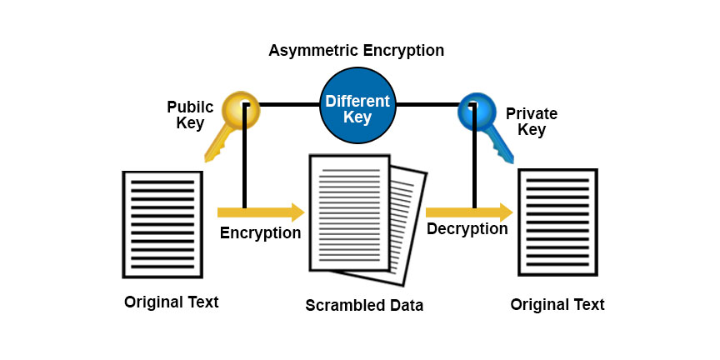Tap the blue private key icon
pos(482,121)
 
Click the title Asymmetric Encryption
pos(356,51)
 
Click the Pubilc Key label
pos(190,115)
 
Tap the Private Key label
pos(532,122)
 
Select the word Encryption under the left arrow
pos(260,233)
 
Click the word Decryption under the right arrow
pos(467,229)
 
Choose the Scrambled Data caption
pos(364,305)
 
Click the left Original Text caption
pos(171,302)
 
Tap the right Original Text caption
pos(557,304)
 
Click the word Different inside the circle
pos(357,101)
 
